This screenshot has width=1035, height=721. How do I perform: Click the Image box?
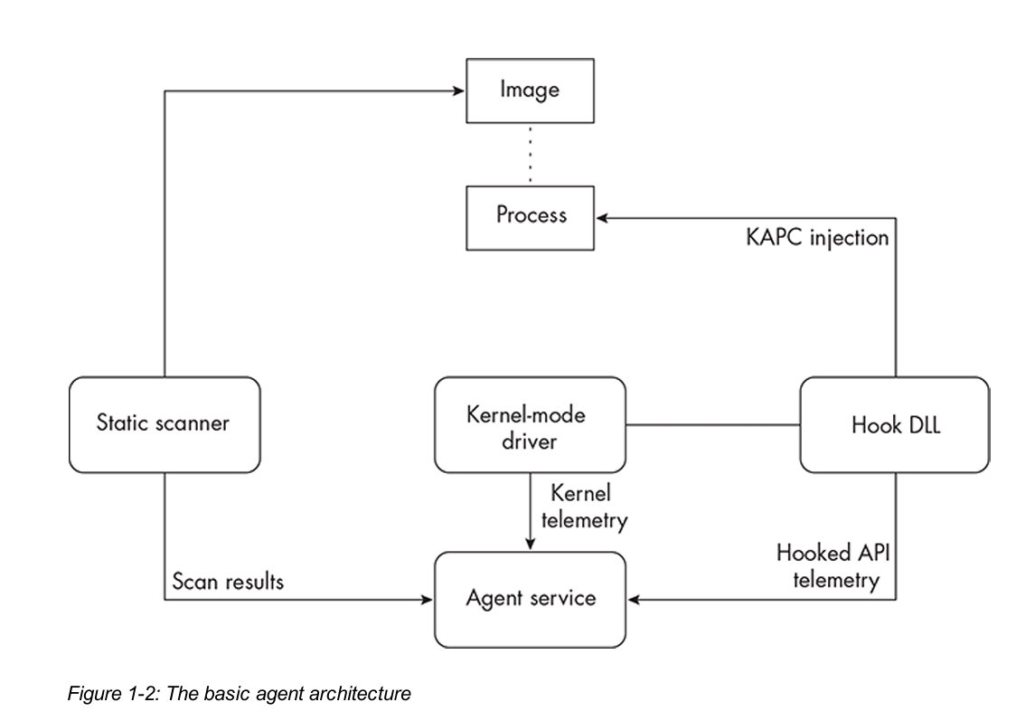[530, 90]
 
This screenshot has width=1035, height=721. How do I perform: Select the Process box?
[530, 218]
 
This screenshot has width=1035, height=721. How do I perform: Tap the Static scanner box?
[165, 425]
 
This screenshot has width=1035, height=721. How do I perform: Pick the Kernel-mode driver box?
[530, 425]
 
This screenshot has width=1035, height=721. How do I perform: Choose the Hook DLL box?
[895, 425]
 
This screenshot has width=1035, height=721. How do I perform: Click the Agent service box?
[530, 600]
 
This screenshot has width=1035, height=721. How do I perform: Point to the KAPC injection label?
[817, 238]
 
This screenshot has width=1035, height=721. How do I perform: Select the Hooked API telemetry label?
[833, 566]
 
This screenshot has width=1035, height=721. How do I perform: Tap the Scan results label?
[228, 582]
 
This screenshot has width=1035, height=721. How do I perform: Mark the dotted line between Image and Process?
[530, 155]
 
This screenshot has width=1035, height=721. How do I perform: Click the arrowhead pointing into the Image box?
[459, 90]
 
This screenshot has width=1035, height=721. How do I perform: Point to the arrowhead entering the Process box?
[602, 218]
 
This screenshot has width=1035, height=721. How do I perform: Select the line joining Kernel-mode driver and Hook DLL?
[713, 425]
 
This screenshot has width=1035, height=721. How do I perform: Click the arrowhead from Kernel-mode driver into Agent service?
[530, 544]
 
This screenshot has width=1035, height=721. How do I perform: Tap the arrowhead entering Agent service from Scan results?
[427, 600]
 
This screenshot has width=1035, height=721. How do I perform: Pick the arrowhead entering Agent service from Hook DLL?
[634, 600]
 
